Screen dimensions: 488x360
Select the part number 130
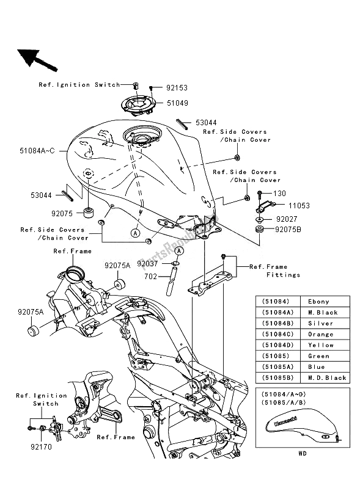[279, 194]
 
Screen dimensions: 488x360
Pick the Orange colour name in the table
[321, 334]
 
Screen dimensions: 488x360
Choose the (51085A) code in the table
[276, 366]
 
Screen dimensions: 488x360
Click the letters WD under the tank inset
[303, 453]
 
